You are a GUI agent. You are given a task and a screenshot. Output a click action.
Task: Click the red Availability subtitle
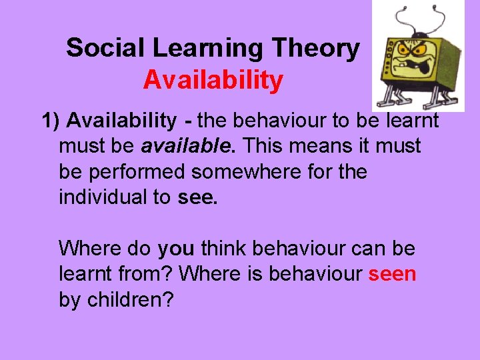click(213, 80)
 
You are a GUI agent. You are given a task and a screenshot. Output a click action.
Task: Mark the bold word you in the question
click(176, 249)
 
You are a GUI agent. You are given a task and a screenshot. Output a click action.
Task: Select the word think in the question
click(224, 249)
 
